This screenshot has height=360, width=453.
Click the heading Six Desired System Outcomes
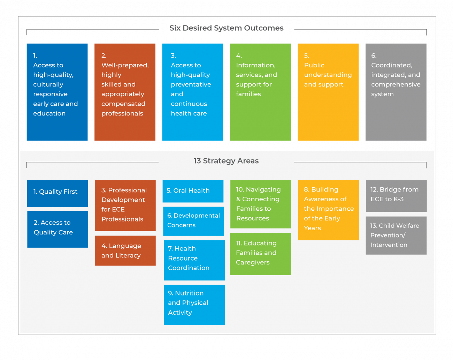(x=227, y=28)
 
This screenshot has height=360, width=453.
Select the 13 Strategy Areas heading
(x=226, y=161)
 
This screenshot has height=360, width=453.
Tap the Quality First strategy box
(x=57, y=193)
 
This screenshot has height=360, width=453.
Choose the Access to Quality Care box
(x=57, y=229)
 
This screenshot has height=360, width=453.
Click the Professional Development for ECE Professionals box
(x=125, y=205)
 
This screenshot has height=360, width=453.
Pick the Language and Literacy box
(x=125, y=250)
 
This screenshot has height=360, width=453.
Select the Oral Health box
(x=193, y=191)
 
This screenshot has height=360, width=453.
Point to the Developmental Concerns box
(x=193, y=221)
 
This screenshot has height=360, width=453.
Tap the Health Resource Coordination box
(x=194, y=260)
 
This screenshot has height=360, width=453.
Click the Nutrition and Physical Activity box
(x=194, y=305)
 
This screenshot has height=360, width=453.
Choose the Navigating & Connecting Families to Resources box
(x=261, y=204)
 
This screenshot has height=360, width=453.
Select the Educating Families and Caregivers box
(x=260, y=254)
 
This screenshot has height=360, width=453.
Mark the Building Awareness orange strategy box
(x=328, y=210)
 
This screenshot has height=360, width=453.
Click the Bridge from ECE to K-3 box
(x=396, y=196)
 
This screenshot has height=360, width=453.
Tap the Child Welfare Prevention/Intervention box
(x=396, y=235)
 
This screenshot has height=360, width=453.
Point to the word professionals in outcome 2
(x=122, y=113)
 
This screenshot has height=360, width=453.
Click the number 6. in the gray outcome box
(x=374, y=56)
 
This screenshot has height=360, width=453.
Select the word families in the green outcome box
(x=248, y=94)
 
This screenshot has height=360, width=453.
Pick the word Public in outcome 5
(x=314, y=65)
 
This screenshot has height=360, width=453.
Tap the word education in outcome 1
(x=49, y=113)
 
